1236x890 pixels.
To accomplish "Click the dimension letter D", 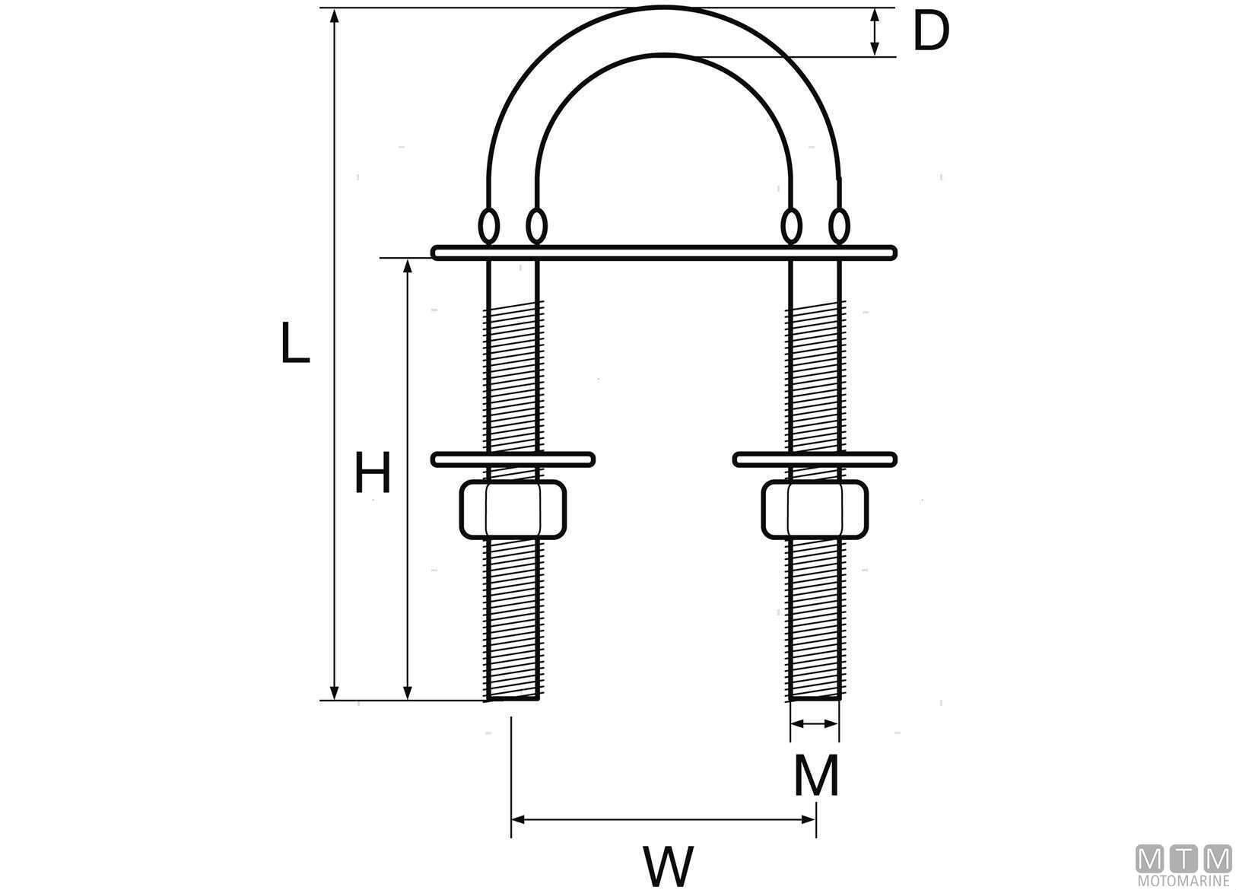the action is click(931, 32).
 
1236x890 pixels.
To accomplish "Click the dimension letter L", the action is click(295, 342).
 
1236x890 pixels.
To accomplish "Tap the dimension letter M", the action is click(816, 775).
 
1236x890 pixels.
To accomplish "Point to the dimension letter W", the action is click(669, 866).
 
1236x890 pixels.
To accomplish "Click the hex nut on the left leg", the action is click(513, 510).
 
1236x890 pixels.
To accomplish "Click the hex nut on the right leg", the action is click(815, 510).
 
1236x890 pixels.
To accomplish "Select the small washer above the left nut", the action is click(513, 459).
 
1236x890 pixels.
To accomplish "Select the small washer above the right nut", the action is click(815, 459).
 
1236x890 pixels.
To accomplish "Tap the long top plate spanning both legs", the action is click(664, 253).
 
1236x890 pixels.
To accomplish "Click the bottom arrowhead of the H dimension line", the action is click(408, 692).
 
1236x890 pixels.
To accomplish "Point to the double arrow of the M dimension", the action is click(815, 724).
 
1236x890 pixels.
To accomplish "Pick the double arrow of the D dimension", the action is click(875, 32).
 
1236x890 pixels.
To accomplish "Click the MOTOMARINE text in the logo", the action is click(1183, 880).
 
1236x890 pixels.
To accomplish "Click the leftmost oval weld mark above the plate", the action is click(488, 226).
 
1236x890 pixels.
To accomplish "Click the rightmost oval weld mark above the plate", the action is click(839, 226).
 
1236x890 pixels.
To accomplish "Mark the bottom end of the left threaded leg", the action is click(513, 700).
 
